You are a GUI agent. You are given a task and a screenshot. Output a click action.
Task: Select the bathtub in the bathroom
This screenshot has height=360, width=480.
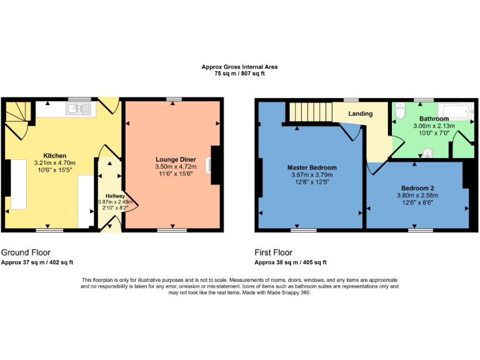click(x=452, y=112)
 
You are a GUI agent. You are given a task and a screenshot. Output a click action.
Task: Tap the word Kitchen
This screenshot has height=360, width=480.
click(x=54, y=156)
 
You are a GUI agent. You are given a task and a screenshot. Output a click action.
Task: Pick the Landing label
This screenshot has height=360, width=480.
click(x=360, y=114)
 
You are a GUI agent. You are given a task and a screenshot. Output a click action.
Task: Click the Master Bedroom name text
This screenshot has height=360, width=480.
click(x=312, y=167)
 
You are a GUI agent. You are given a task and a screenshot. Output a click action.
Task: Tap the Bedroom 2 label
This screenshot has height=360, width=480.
click(x=417, y=188)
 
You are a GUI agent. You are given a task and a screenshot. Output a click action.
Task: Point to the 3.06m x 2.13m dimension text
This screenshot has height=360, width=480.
click(x=434, y=126)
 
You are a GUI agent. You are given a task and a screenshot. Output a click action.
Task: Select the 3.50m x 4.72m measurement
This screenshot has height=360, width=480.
click(x=175, y=167)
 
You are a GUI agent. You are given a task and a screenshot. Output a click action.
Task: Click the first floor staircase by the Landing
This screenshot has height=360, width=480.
click(x=309, y=112)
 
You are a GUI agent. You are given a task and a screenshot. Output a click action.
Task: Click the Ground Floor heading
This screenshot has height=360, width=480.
click(x=26, y=252)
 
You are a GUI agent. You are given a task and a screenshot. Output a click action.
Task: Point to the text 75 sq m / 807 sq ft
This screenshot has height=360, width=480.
click(x=239, y=74)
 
